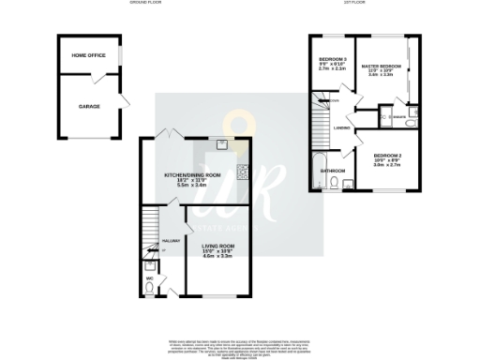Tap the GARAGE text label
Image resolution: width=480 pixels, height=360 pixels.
(x=89, y=106)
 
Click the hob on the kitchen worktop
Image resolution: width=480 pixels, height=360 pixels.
(x=242, y=172)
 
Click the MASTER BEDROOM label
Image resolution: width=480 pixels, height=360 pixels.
(x=383, y=67)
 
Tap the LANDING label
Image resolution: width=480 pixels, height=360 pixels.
(x=341, y=128)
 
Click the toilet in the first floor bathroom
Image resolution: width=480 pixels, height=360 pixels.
(x=335, y=185)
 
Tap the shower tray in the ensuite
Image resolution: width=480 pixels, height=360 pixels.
(x=385, y=116)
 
